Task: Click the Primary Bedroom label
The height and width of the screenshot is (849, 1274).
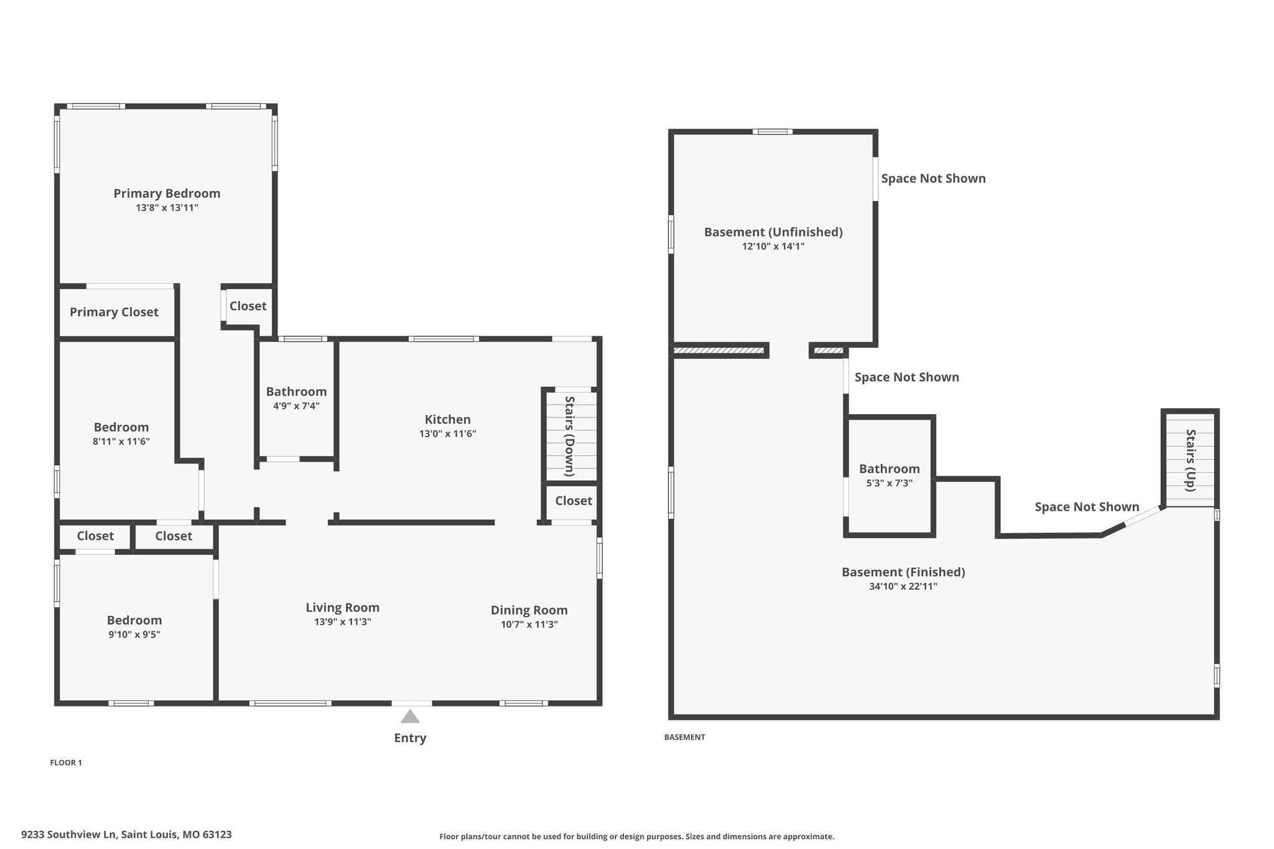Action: coord(167,193)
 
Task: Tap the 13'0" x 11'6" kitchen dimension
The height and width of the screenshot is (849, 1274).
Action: coord(448,434)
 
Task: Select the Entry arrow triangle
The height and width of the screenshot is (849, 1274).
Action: coord(410,717)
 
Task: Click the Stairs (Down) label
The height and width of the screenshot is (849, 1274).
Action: coord(569,436)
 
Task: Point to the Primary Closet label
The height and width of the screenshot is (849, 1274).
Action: coord(114,312)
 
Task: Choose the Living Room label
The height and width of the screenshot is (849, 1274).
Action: coord(343,608)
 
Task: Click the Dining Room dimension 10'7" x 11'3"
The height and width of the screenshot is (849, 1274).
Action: coord(529,624)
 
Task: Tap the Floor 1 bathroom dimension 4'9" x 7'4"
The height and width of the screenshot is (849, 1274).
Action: coord(296,406)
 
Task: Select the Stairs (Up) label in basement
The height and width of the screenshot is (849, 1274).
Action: coord(1191,460)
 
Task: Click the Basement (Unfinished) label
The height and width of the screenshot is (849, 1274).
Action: coord(773,232)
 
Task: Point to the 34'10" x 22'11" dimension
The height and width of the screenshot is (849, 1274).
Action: coord(903,586)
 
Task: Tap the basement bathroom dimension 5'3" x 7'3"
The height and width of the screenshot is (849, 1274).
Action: coord(890,483)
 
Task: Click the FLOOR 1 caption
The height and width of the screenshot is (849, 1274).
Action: coord(66,763)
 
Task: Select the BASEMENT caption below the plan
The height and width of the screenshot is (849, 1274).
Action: coord(685,737)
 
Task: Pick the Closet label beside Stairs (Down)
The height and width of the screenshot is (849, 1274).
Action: coord(574,501)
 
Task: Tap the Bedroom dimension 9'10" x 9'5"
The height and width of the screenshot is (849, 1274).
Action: coord(134,634)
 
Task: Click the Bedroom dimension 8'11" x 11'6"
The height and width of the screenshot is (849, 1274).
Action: coord(121,442)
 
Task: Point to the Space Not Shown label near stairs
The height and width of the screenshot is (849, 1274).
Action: coord(1087,507)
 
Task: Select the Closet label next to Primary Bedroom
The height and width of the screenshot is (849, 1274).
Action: coord(248,306)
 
